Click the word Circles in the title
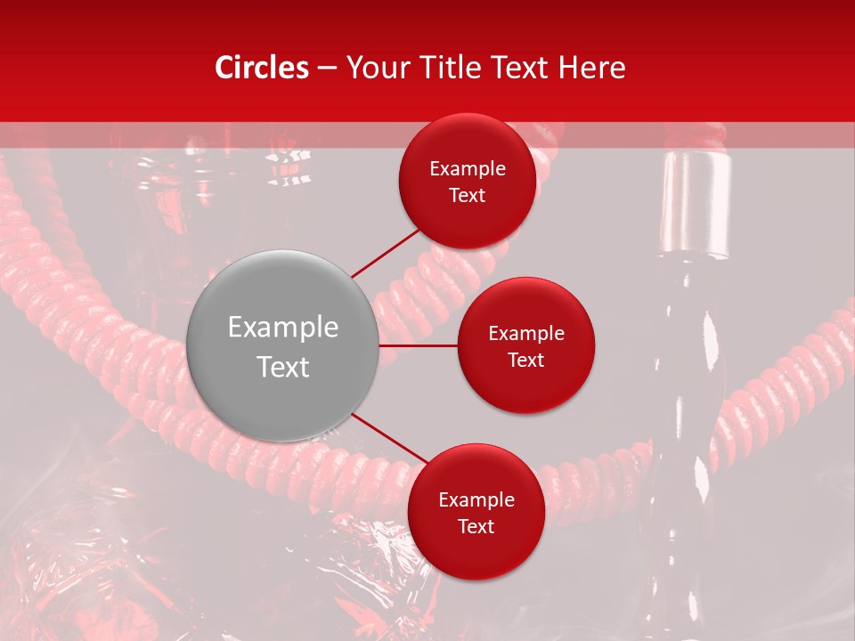point(262,68)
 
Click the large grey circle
point(283,345)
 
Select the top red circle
point(468,182)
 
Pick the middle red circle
point(525,345)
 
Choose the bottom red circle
point(476,512)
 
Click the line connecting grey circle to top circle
point(385,252)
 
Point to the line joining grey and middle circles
point(419,345)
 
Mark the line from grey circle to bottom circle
point(388,439)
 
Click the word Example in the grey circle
point(283,328)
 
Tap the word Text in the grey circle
point(283,367)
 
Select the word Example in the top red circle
point(468,169)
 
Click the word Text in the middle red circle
point(525,360)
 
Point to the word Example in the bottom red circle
point(476,499)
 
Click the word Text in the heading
point(517,68)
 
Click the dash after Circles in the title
point(327,69)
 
